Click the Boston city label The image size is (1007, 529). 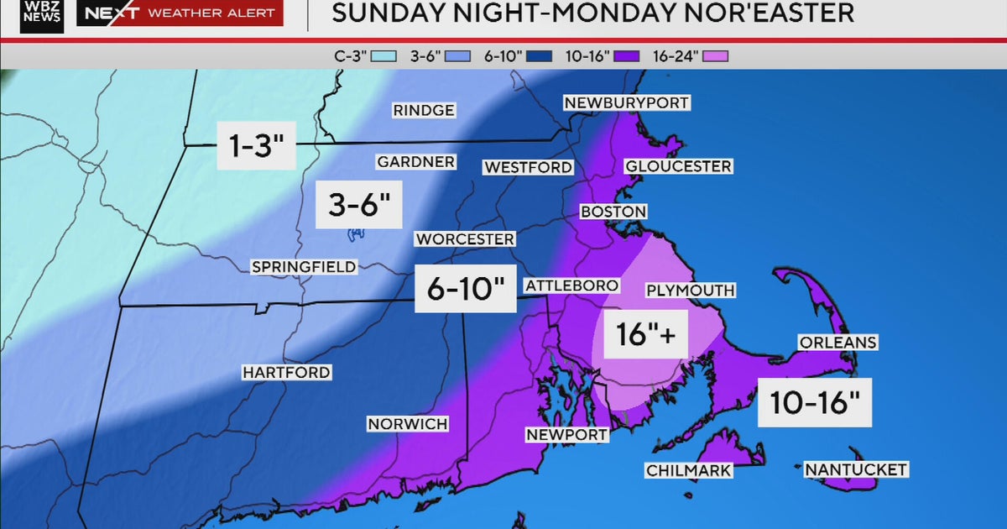613,212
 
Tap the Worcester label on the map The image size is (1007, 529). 465,239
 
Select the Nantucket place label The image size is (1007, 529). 855,469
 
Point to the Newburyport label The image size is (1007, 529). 626,102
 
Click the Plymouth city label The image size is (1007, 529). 690,291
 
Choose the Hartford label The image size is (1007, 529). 286,372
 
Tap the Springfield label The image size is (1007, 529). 304,267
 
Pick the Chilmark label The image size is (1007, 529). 688,471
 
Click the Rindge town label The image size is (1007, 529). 424,110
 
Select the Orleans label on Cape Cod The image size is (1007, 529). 837,343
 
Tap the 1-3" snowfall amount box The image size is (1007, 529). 256,147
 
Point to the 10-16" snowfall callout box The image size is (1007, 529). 815,402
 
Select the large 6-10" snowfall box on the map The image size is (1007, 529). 465,290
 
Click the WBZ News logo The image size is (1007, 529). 42,14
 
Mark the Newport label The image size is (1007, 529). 566,434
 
